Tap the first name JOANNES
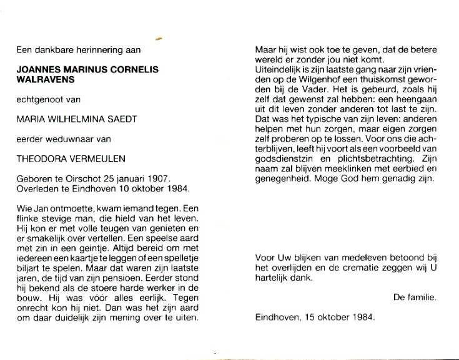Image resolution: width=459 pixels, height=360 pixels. [x=37, y=71]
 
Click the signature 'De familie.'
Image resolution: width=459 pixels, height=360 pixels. [x=415, y=298]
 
